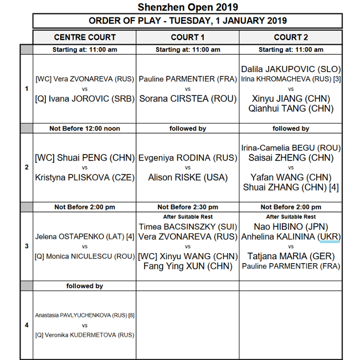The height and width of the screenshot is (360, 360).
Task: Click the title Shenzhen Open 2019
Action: (188, 7)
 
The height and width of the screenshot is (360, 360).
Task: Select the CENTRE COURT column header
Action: (85, 37)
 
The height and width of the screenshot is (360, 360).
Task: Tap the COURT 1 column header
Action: (188, 37)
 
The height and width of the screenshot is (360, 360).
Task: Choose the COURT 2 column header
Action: (291, 37)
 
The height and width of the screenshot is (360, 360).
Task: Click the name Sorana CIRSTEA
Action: (188, 99)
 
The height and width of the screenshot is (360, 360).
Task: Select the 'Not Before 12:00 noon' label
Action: (85, 128)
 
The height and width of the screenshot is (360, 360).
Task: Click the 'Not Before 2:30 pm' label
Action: (188, 207)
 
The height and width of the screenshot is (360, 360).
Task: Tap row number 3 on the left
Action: (27, 246)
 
